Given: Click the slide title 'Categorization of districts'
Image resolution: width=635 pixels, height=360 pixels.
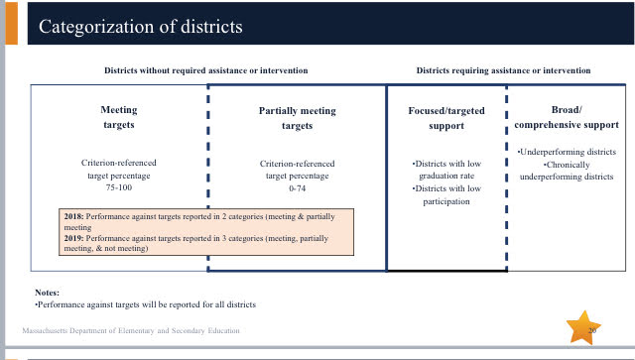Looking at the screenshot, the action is click(141, 27).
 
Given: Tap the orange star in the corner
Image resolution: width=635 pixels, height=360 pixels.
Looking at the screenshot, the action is click(583, 328).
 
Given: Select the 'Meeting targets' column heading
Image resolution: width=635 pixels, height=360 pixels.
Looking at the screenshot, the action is click(119, 117).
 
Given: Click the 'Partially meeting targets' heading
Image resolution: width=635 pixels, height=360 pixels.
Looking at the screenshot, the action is click(298, 118).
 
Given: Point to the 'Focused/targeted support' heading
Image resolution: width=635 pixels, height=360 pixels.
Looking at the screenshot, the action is click(446, 118).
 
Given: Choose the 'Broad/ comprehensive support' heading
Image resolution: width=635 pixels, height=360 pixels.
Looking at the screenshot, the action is click(567, 117).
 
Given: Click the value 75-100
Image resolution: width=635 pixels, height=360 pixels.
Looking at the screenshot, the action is click(119, 187).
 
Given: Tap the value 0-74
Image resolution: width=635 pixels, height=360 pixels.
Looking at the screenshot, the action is click(298, 188).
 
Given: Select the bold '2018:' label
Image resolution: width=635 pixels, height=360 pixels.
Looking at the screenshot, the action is click(73, 216).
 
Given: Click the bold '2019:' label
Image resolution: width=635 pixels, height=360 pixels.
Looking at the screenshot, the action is click(73, 238).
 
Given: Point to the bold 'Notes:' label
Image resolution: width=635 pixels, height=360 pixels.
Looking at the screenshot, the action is click(47, 293).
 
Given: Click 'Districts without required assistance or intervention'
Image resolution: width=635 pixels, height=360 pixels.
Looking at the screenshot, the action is click(206, 70).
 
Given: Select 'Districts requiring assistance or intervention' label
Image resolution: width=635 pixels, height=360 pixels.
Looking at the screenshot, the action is click(503, 70).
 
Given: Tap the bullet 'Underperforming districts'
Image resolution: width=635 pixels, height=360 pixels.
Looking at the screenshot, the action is click(567, 152).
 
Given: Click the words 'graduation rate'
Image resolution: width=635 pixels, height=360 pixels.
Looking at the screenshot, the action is click(446, 176).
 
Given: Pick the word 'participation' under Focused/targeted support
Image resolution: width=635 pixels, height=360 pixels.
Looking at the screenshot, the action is click(446, 201).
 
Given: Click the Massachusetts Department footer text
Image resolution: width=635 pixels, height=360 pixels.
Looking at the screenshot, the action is click(131, 330).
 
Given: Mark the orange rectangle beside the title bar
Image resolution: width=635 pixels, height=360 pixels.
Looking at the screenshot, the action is click(11, 23).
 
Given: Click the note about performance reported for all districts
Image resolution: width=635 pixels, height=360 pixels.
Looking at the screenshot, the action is click(146, 304).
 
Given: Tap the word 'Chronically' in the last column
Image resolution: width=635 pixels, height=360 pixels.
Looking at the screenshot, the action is click(567, 165).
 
